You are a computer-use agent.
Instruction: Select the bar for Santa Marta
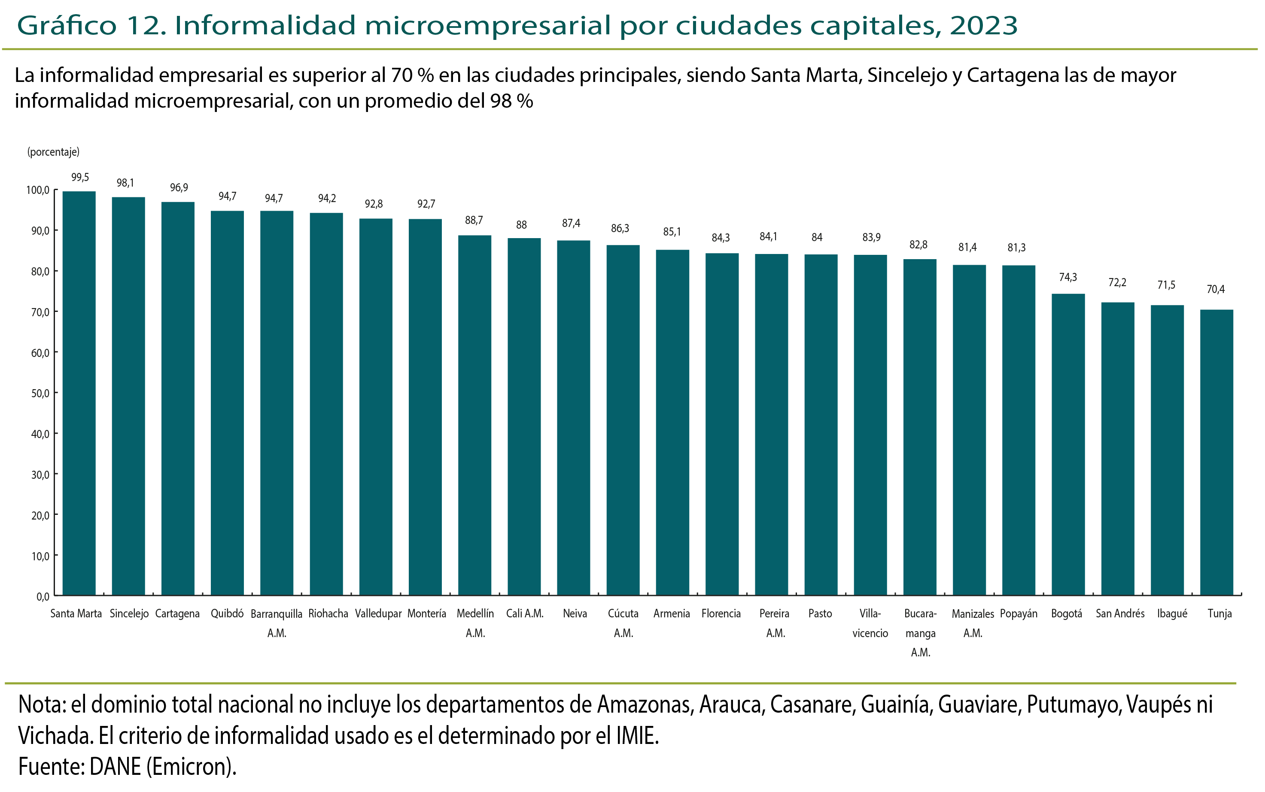[x=79, y=393]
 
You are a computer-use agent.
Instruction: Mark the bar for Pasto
[x=821, y=424]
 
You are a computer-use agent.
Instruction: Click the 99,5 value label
[x=80, y=178]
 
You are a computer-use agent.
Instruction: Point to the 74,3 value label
[x=1068, y=277]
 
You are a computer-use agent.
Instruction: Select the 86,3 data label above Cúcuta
[x=620, y=228]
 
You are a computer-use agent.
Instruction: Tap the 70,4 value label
[x=1216, y=289]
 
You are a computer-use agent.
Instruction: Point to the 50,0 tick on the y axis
[x=40, y=393]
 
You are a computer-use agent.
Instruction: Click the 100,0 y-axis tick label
[x=38, y=190]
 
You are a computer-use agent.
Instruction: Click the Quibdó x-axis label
[x=227, y=614]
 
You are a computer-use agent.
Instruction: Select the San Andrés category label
[x=1120, y=614]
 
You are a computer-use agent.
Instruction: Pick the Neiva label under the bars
[x=575, y=614]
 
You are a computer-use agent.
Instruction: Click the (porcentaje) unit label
[x=54, y=152]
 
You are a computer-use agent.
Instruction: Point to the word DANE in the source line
[x=116, y=766]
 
